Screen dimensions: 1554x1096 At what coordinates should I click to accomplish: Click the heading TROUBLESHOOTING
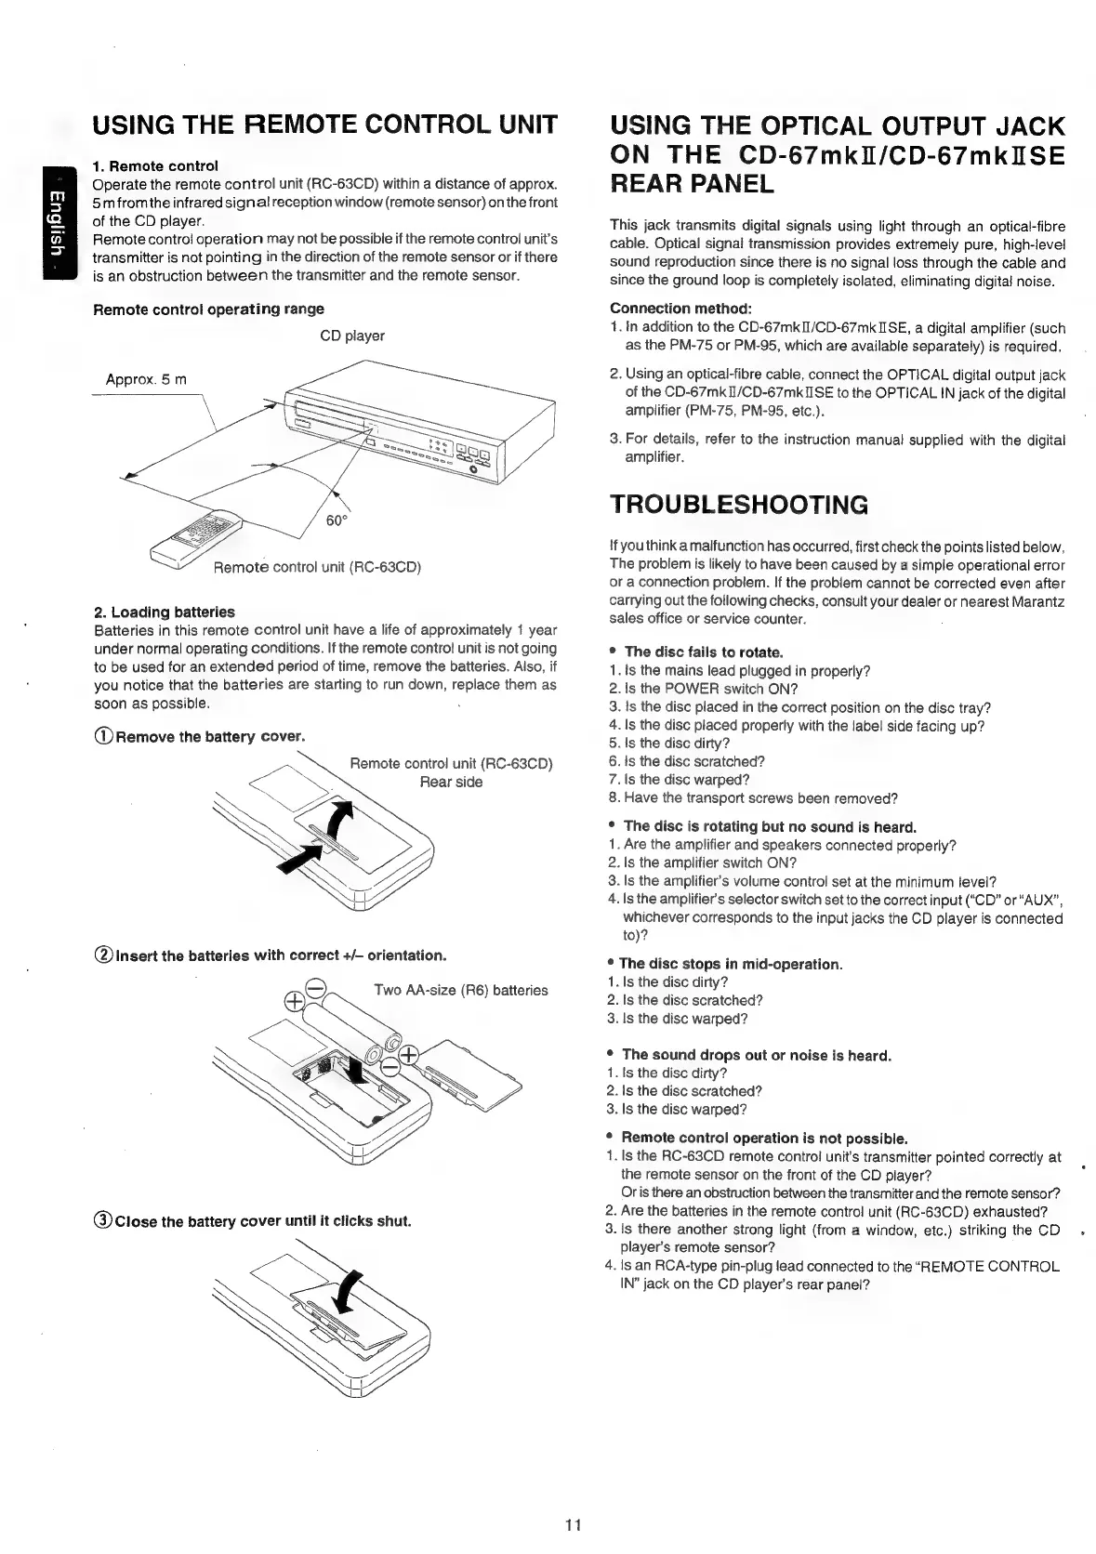pos(738,505)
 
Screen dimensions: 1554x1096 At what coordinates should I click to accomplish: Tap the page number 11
pos(573,1523)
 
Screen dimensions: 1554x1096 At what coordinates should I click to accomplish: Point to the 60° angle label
pos(336,520)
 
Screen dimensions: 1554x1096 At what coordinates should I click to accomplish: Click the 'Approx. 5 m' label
pos(146,379)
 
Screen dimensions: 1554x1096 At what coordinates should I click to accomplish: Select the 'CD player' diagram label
pos(351,336)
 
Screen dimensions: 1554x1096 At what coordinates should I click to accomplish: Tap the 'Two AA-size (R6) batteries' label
pos(460,990)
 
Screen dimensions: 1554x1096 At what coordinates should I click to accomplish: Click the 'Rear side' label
pos(451,782)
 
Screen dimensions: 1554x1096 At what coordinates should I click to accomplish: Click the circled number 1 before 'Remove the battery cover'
pos(103,737)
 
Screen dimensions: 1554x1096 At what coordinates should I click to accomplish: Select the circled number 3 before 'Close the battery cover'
pos(103,1220)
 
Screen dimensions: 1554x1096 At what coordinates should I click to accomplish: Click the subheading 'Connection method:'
pos(680,309)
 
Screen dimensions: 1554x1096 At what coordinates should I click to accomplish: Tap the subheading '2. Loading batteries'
pos(164,612)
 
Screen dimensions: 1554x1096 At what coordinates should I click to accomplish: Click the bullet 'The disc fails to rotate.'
pos(703,652)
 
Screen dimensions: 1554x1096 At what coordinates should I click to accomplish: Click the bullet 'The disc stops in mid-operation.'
pos(730,964)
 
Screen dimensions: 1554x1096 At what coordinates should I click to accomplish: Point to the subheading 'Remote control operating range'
pos(208,309)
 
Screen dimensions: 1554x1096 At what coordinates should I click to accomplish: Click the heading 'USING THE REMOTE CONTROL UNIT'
pos(324,125)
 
